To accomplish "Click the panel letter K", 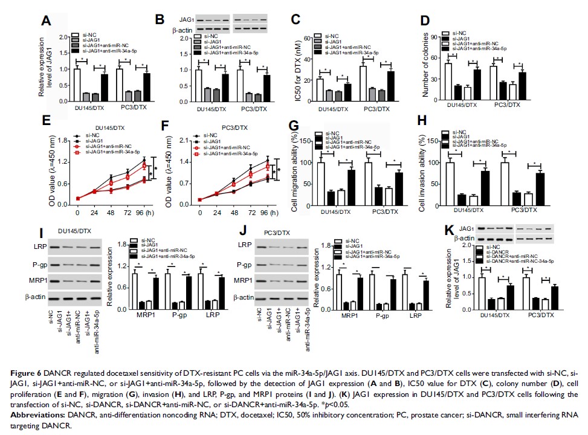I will coord(465,232).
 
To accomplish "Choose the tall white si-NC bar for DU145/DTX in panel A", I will coord(76,84).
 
